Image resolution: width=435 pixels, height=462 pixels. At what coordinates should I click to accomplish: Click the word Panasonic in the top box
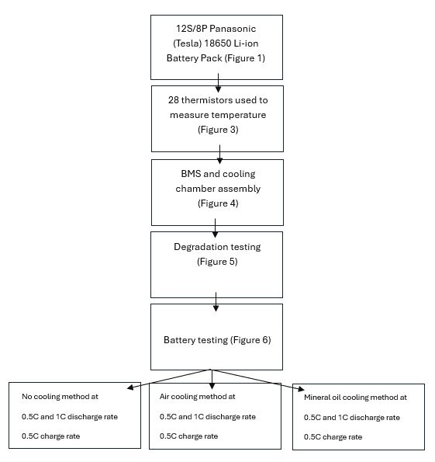click(x=233, y=29)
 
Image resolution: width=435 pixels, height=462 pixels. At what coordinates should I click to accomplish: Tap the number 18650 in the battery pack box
click(x=218, y=43)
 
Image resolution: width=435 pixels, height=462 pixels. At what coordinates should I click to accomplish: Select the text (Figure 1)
click(x=245, y=58)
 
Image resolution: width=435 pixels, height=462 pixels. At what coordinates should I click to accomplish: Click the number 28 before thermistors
click(x=174, y=100)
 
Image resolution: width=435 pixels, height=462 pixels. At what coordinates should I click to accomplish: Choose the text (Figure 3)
click(x=218, y=130)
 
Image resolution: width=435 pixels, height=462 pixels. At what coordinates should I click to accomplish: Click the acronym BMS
click(x=191, y=174)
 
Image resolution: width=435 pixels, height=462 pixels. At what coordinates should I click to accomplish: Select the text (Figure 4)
click(x=218, y=203)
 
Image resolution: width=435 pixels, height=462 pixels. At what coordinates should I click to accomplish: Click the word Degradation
click(x=201, y=247)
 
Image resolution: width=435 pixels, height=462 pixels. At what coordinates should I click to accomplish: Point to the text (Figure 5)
click(x=217, y=262)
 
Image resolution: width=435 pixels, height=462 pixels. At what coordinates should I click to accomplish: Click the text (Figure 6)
click(x=250, y=340)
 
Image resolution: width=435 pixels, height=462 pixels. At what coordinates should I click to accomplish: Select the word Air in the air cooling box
click(x=164, y=397)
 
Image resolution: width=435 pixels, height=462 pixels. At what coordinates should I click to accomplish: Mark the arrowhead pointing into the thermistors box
click(x=218, y=89)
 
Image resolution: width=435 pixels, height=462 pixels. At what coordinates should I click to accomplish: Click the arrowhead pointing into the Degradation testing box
click(x=215, y=234)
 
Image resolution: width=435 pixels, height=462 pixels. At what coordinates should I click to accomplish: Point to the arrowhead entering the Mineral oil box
click(x=301, y=389)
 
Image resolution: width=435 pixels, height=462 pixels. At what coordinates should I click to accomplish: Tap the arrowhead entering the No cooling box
click(x=130, y=387)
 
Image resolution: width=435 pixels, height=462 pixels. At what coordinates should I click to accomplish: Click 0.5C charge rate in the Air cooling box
click(x=188, y=436)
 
